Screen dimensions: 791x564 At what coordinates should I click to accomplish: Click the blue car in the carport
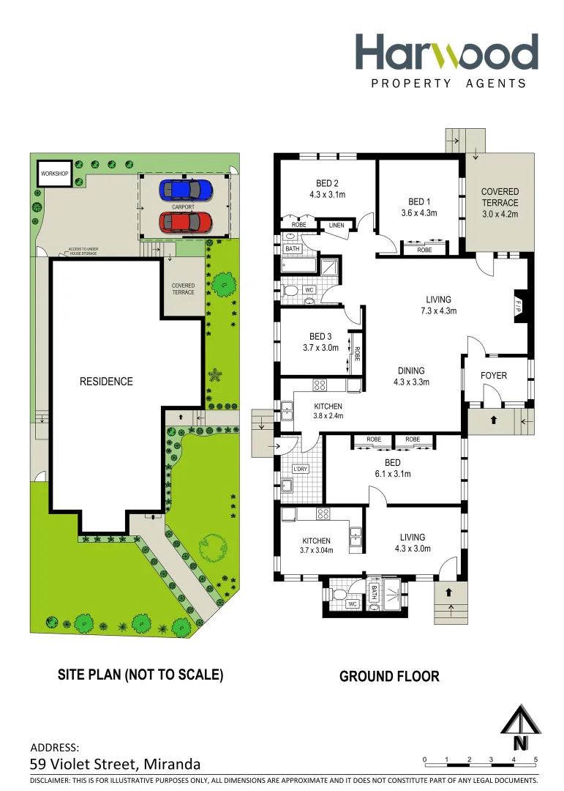point(187,190)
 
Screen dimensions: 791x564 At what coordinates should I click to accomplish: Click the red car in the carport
point(187,221)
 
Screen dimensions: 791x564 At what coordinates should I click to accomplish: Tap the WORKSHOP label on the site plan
point(55,174)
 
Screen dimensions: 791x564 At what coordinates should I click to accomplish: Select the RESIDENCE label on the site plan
point(106,382)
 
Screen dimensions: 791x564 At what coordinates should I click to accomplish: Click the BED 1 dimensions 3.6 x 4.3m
point(418,213)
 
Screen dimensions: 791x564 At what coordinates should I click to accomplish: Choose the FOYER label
point(494,376)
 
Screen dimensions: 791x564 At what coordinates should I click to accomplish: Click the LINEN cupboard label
point(336,226)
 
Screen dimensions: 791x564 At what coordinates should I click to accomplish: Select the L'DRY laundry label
point(301,469)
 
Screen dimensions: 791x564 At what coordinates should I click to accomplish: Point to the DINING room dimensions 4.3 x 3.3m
point(411,382)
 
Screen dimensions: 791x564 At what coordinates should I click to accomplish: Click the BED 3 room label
point(320,337)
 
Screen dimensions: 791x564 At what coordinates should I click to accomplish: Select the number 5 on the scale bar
point(536,759)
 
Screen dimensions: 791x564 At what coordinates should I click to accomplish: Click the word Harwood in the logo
point(447,53)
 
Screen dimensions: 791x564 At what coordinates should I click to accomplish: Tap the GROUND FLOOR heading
point(389,677)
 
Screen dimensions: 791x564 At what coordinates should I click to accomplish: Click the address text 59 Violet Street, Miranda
point(116,764)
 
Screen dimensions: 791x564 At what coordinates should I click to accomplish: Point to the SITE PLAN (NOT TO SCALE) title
point(140,675)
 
